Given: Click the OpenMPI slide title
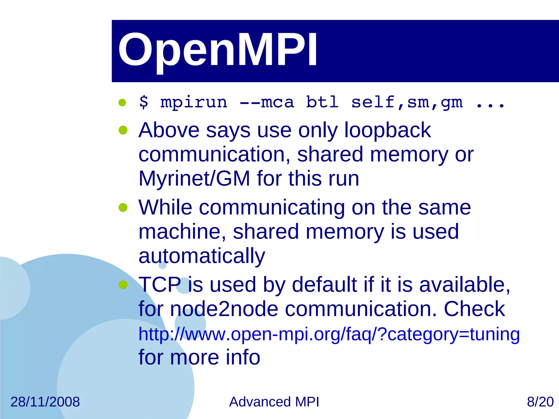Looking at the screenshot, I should [x=218, y=50].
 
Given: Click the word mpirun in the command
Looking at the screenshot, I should [x=194, y=102].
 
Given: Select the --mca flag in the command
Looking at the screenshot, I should [x=267, y=102].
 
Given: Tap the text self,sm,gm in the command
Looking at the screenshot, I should [x=407, y=102].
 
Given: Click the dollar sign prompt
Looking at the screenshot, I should [x=144, y=102].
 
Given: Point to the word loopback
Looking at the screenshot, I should [x=387, y=130].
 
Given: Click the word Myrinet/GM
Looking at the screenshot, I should [x=194, y=179].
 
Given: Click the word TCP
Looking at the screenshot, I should [x=160, y=285].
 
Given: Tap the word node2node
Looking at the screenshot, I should [x=224, y=309].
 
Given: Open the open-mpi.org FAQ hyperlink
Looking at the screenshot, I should [x=329, y=334].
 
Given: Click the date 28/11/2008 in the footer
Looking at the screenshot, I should [x=45, y=402].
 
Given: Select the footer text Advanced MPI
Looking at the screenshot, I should [x=274, y=402].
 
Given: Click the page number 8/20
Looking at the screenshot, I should [x=540, y=402].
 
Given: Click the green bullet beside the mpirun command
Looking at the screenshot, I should [x=122, y=103].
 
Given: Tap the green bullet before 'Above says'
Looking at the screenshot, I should [x=123, y=130].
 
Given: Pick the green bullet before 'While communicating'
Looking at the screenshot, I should [x=123, y=208].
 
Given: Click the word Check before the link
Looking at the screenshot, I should [x=474, y=309].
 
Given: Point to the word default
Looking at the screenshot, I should [x=324, y=285].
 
